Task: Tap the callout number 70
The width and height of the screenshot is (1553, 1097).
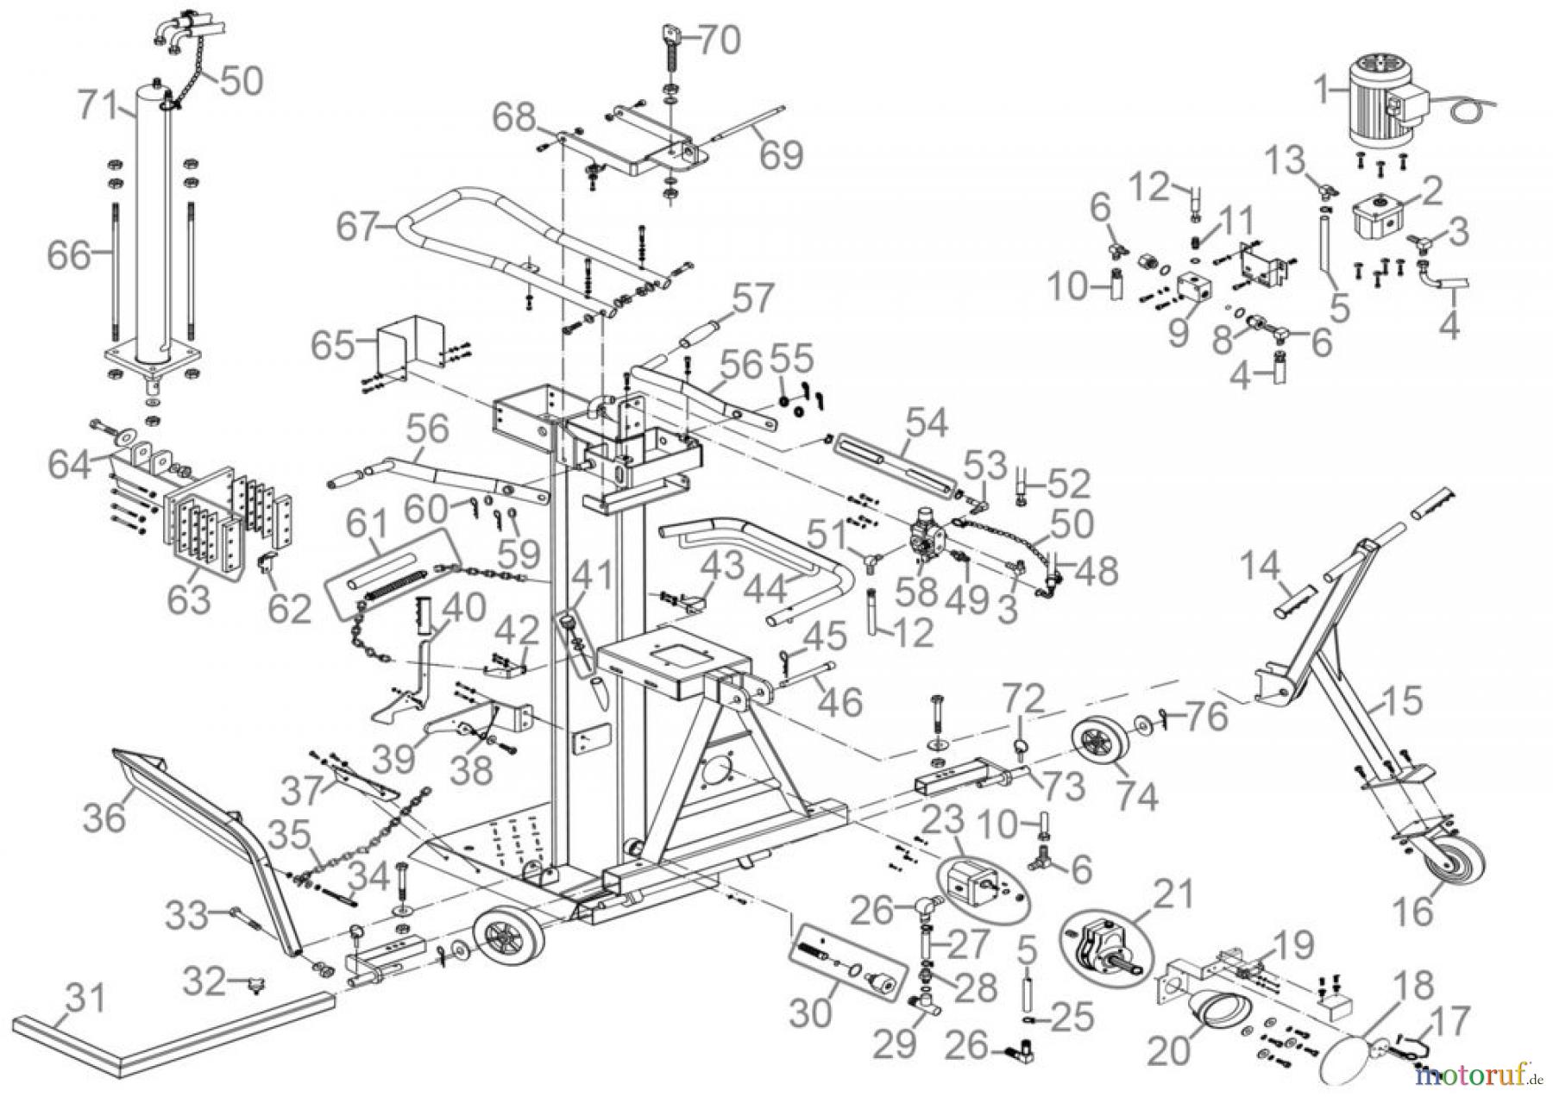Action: [718, 40]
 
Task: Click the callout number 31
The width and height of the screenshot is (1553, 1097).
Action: [85, 999]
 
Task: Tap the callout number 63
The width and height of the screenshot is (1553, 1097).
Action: [190, 598]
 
